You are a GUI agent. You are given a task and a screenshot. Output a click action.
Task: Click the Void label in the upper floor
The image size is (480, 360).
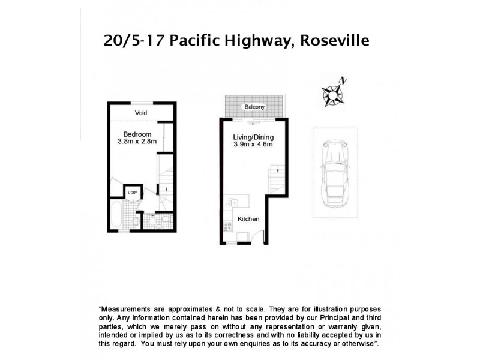tap(141, 113)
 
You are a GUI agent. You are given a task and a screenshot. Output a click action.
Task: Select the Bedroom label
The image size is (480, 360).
tap(137, 134)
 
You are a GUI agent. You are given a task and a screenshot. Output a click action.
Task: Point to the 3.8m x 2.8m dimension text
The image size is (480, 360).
tap(137, 142)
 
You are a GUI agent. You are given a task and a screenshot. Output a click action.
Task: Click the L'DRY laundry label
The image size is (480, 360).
tap(132, 193)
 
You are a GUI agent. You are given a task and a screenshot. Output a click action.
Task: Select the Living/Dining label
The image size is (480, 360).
tap(253, 137)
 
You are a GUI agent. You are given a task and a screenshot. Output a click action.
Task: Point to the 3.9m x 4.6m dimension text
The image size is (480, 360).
tap(253, 145)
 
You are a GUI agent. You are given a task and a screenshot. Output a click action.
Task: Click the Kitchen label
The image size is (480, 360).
tap(248, 219)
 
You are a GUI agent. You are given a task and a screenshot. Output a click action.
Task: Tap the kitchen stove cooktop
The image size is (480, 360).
tap(227, 227)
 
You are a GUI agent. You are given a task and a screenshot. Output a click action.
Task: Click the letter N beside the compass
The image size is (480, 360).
tap(343, 80)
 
